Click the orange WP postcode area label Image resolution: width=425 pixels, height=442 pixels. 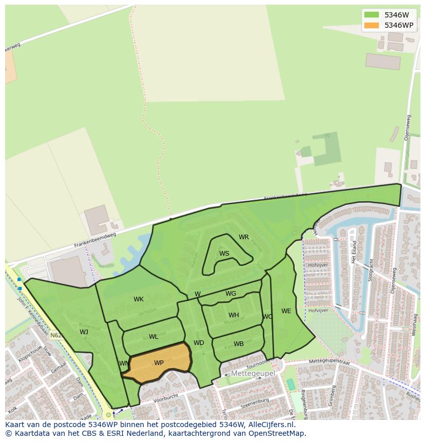[159, 363]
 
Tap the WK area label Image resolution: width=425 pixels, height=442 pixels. [139, 299]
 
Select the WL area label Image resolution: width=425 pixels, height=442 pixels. [153, 337]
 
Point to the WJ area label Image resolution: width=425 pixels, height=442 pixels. [84, 332]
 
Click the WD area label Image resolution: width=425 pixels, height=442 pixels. [199, 343]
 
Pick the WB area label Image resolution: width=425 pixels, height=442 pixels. [239, 344]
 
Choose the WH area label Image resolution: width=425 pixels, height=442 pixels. [234, 315]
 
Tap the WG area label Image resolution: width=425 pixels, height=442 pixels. [231, 294]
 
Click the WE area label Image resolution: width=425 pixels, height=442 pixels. [286, 311]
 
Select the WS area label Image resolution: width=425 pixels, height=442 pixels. [224, 254]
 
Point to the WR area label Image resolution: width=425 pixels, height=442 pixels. [244, 237]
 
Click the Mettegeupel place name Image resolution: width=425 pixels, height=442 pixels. [253, 373]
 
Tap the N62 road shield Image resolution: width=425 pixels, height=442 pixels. [56, 335]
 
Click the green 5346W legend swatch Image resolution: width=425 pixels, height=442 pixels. [372, 15]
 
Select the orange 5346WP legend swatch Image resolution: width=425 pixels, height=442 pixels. [372, 25]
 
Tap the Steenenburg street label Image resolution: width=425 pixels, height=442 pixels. [255, 400]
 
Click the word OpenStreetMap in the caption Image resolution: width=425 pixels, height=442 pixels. [277, 433]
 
